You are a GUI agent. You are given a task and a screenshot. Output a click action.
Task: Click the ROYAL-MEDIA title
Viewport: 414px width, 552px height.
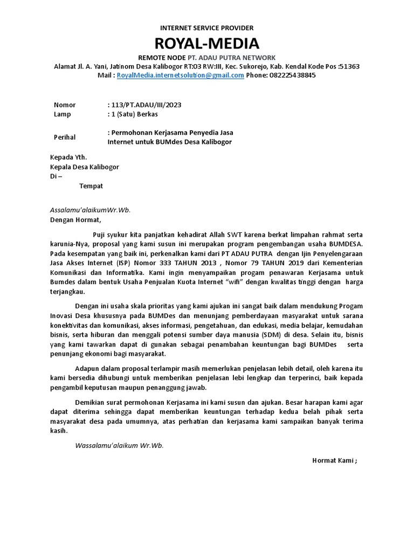click(x=207, y=43)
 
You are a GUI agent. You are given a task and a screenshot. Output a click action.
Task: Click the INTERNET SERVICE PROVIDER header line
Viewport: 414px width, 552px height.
click(x=207, y=27)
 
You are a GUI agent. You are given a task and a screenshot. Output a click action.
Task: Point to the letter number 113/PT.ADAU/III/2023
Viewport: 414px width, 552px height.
click(x=144, y=105)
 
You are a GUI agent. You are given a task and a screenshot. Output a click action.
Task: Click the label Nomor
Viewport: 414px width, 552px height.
click(x=65, y=105)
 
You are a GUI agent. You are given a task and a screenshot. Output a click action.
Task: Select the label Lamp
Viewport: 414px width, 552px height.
click(x=63, y=114)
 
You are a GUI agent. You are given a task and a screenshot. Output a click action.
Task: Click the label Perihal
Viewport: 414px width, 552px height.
click(x=65, y=137)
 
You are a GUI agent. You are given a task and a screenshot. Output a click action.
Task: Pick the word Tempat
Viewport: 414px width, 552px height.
click(x=91, y=186)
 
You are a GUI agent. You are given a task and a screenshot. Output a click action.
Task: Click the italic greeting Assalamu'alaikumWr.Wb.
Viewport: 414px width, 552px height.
click(x=90, y=210)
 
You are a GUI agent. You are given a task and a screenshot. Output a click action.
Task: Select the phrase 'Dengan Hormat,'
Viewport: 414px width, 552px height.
click(x=75, y=219)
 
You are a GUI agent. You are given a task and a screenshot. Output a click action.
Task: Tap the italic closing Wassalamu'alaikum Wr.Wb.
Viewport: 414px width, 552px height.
click(x=119, y=446)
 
